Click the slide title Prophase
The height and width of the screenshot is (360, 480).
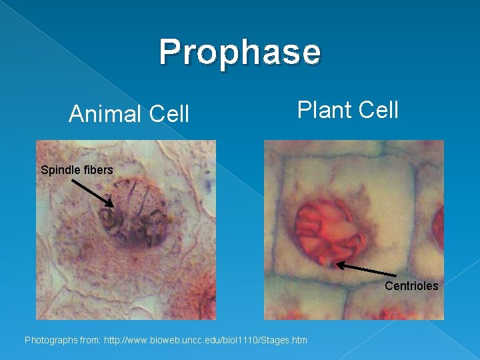click(240, 52)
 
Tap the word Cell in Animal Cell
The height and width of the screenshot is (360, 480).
click(169, 115)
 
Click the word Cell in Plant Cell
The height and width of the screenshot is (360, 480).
click(378, 109)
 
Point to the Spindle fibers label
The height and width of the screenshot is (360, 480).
click(77, 170)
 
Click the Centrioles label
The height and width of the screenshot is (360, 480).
click(411, 286)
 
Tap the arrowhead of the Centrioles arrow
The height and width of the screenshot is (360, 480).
click(339, 265)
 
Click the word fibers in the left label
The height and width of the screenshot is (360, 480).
click(98, 170)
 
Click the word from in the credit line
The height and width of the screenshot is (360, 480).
click(91, 341)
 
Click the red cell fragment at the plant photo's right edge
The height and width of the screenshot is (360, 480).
click(438, 227)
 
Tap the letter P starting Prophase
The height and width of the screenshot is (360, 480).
click(170, 52)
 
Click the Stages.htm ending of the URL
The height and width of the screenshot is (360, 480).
click(286, 341)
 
